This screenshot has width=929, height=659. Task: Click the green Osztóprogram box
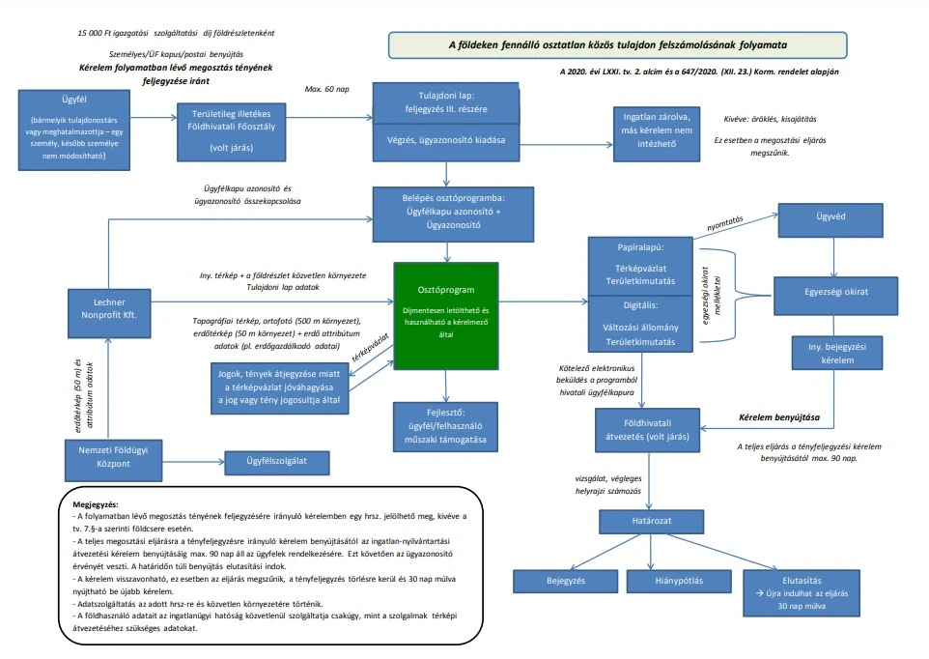[446, 313]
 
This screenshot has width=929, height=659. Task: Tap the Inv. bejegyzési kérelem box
[831, 353]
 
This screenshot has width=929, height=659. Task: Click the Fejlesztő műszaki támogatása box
[446, 425]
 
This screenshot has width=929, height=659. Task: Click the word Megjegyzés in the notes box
[95, 504]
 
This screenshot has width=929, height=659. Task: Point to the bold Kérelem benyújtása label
[779, 417]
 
